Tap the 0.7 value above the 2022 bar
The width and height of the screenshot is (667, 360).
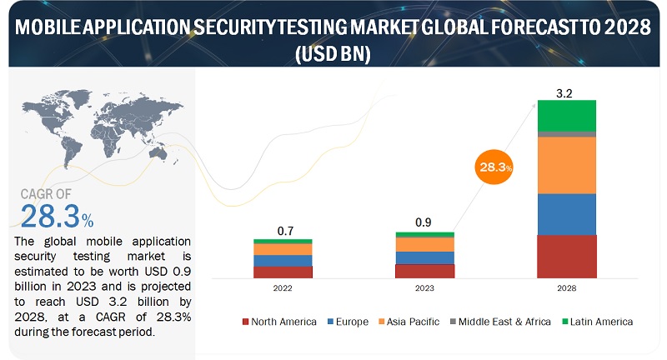[x=283, y=231]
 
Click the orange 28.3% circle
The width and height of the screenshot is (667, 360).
[x=494, y=167]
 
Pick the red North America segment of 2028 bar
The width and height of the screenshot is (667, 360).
[x=567, y=256]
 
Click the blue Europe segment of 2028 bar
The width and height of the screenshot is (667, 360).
[x=567, y=214]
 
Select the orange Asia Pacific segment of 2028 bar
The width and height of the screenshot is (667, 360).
[x=567, y=165]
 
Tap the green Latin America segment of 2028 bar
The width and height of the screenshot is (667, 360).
[x=567, y=115]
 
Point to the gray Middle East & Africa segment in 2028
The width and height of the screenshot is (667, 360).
[x=567, y=134]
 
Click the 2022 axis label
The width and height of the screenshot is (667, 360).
[x=283, y=288]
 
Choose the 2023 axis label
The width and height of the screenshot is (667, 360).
[x=425, y=288]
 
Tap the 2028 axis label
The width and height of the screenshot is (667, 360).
[x=567, y=288]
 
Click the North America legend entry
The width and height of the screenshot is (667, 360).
[x=279, y=322]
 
